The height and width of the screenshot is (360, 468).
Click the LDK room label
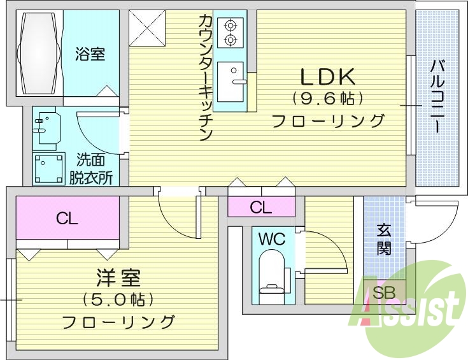click(327, 77)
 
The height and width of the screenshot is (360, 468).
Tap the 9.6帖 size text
click(327, 99)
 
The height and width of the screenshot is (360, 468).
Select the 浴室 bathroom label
click(90, 54)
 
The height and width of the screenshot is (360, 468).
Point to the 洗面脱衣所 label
click(92, 168)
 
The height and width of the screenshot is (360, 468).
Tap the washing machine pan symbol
click(49, 168)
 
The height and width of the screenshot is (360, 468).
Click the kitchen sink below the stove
click(230, 81)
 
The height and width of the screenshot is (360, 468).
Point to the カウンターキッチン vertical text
click(205, 76)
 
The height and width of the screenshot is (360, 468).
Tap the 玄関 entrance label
click(383, 239)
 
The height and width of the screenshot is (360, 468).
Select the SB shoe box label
click(383, 294)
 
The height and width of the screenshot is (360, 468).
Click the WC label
click(271, 240)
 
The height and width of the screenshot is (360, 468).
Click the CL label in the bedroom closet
click(67, 219)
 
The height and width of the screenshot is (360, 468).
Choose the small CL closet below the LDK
click(260, 207)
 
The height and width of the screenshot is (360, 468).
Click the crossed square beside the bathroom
click(147, 28)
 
